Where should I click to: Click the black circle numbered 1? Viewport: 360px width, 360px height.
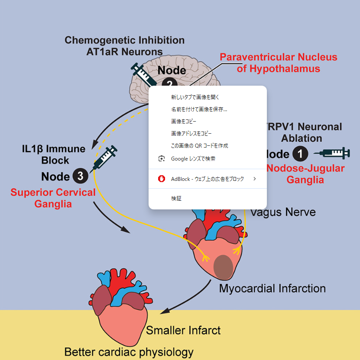301,154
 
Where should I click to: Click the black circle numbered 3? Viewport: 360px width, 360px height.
81,176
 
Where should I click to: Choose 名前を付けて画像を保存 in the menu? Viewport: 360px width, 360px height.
199,109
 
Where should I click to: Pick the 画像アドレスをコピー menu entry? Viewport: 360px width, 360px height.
191,134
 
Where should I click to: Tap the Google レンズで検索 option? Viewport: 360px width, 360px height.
193,159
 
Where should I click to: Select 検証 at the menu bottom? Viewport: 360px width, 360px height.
176,199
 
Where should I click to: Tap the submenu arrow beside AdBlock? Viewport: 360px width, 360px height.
255,179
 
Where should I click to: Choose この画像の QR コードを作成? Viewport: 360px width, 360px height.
199,146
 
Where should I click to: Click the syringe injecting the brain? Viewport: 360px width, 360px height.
144,74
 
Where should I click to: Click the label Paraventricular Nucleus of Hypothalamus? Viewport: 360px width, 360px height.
278,63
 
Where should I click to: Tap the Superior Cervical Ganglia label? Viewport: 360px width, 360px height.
53,198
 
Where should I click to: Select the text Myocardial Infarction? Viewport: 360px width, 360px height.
272,288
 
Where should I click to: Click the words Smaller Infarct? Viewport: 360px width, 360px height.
183,331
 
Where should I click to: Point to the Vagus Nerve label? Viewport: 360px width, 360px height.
283,212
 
